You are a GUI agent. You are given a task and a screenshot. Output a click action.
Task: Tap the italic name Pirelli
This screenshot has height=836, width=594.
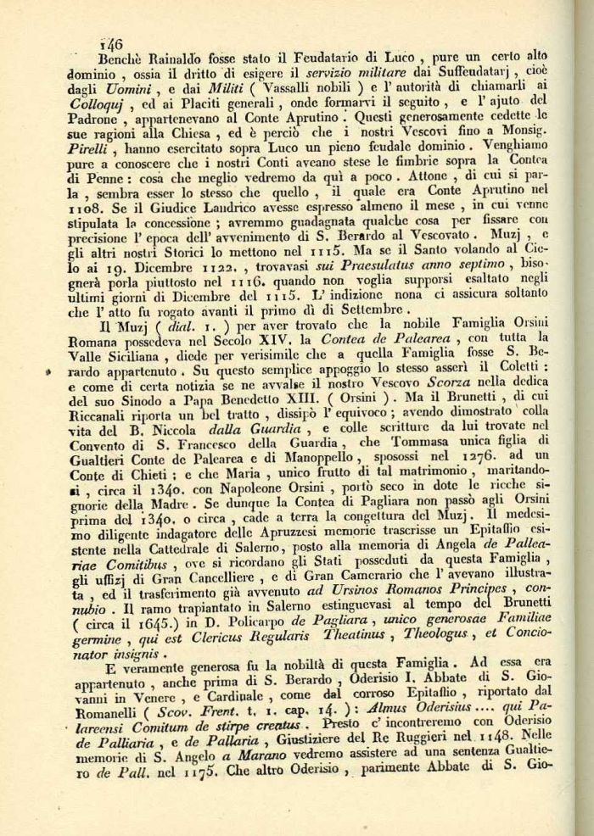[x=90, y=145]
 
